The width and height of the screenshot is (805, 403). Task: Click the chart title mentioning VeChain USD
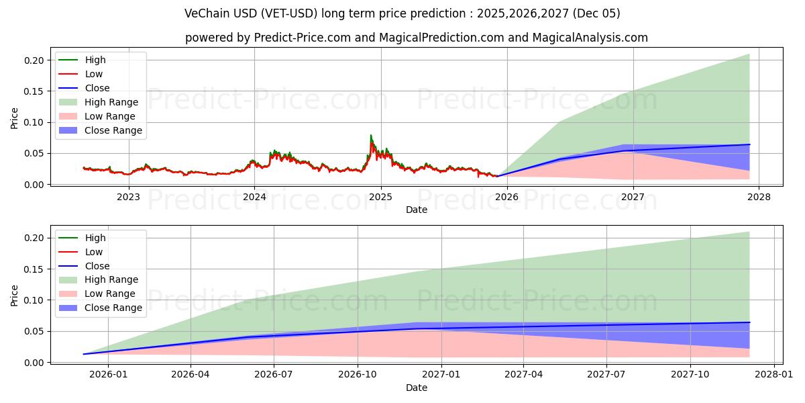tap(402, 13)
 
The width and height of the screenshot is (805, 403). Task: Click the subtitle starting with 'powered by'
tap(416, 38)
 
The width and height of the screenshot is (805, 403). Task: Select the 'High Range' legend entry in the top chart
tap(111, 102)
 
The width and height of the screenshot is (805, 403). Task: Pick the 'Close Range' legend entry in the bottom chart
tap(113, 308)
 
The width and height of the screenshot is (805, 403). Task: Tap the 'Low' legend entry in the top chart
tap(94, 74)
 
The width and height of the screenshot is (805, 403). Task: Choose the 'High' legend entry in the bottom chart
tap(95, 238)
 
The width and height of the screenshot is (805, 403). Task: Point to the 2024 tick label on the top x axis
tap(255, 197)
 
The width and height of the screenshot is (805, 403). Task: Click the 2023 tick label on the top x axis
tap(129, 197)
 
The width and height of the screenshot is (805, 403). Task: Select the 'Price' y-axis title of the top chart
tap(14, 118)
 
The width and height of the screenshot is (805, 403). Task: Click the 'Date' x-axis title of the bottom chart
tap(416, 388)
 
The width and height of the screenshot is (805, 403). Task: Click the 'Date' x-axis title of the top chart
tap(416, 210)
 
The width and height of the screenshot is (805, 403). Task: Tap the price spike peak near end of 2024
tap(371, 136)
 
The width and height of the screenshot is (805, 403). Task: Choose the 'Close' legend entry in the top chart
tap(97, 88)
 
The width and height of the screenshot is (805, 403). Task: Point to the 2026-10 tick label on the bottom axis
tap(358, 375)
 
